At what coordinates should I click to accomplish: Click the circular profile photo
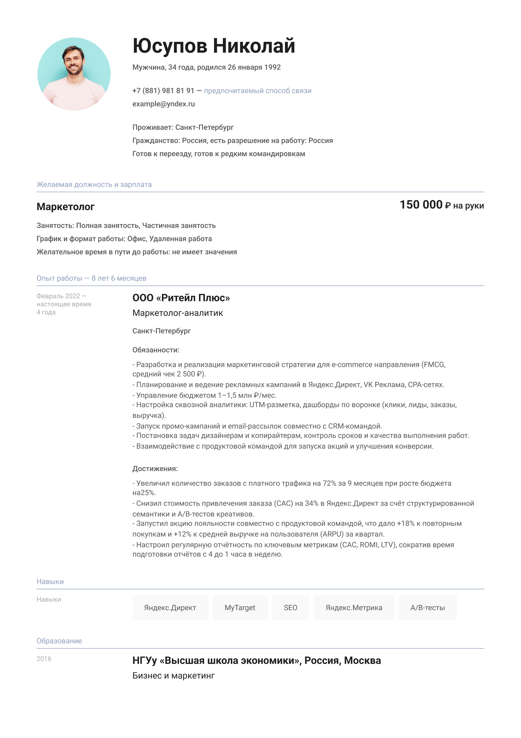tap(74, 74)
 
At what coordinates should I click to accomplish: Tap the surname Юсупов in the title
tap(170, 46)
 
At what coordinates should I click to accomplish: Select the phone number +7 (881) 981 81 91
tap(163, 91)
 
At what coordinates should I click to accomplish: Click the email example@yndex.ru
tap(164, 104)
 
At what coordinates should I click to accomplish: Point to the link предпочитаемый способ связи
tap(257, 91)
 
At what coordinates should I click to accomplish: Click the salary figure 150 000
tap(421, 205)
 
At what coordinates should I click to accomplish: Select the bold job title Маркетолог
tap(66, 207)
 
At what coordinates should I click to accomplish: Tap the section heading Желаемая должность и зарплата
tap(94, 185)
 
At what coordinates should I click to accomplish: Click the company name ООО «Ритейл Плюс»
tap(181, 298)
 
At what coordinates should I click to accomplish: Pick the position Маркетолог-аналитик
tap(178, 313)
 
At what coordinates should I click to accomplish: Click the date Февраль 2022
tap(58, 296)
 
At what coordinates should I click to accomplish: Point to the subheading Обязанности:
tap(156, 350)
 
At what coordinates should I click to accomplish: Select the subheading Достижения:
tap(155, 468)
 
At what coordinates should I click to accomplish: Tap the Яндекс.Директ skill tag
tap(170, 608)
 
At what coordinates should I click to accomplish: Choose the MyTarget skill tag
tap(240, 608)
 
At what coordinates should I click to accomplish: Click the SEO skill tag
tap(291, 608)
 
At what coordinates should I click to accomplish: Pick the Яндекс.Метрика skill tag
tap(354, 608)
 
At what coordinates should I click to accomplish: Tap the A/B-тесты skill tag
tap(427, 608)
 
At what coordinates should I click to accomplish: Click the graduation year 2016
tap(44, 659)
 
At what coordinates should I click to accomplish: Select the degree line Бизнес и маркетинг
tap(174, 675)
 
